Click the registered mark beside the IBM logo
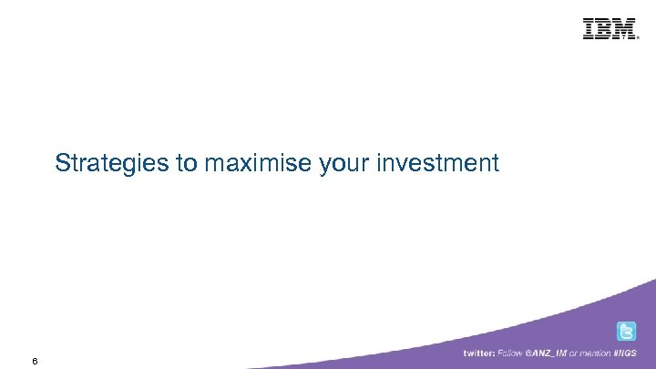[x=639, y=36]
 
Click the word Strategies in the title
[x=112, y=164]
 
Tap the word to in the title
[x=187, y=164]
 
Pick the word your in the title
[x=345, y=164]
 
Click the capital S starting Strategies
[x=62, y=164]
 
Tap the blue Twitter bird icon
[x=627, y=332]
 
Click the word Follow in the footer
[x=510, y=354]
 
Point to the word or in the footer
[x=574, y=354]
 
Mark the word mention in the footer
[x=597, y=354]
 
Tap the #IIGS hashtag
[x=630, y=354]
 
